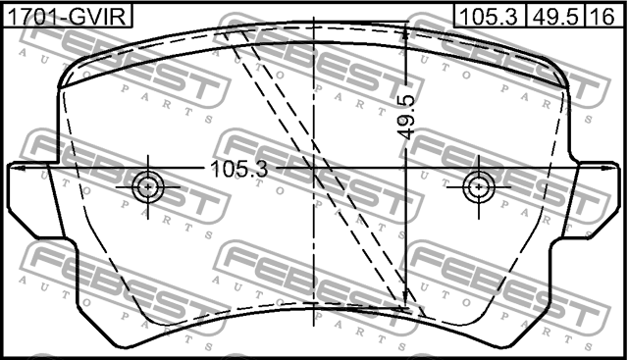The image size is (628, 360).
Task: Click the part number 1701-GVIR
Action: click(x=67, y=16)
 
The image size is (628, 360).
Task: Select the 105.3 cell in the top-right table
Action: click(x=489, y=16)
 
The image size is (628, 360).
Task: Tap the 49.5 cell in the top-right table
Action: click(x=555, y=16)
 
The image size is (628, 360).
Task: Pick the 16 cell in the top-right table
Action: click(x=603, y=16)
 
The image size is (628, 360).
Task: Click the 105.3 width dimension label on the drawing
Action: click(x=239, y=169)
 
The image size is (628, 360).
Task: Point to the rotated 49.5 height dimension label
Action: click(x=408, y=117)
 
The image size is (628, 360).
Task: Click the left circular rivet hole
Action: click(x=148, y=186)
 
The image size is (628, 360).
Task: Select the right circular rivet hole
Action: click(x=479, y=186)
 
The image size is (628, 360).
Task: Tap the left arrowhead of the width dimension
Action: click(x=16, y=168)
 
